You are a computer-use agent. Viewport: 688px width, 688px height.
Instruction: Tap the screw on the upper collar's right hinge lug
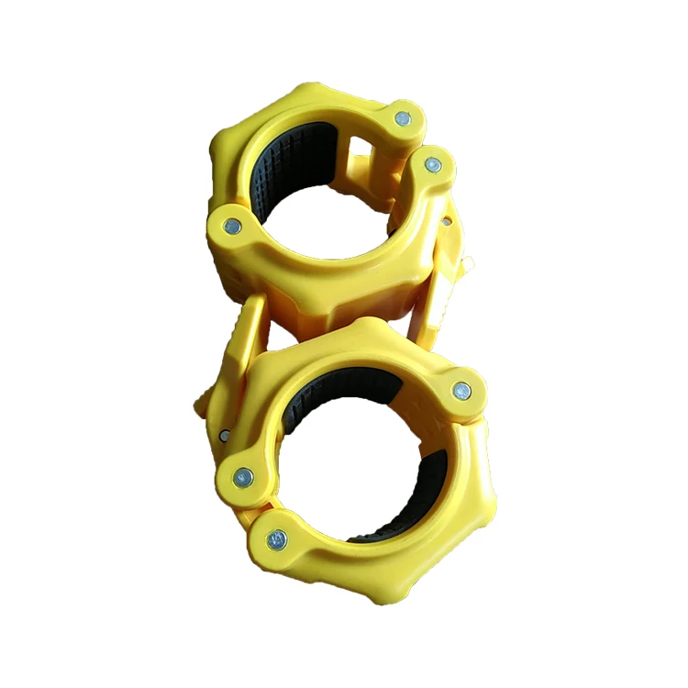click(x=432, y=166)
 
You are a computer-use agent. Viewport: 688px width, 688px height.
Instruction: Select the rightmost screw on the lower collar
click(x=462, y=392)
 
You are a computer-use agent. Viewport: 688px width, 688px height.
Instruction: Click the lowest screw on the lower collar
click(x=276, y=540)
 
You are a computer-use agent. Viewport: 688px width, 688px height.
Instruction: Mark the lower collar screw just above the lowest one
click(x=243, y=476)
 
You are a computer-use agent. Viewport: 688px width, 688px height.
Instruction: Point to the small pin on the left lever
click(x=224, y=435)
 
